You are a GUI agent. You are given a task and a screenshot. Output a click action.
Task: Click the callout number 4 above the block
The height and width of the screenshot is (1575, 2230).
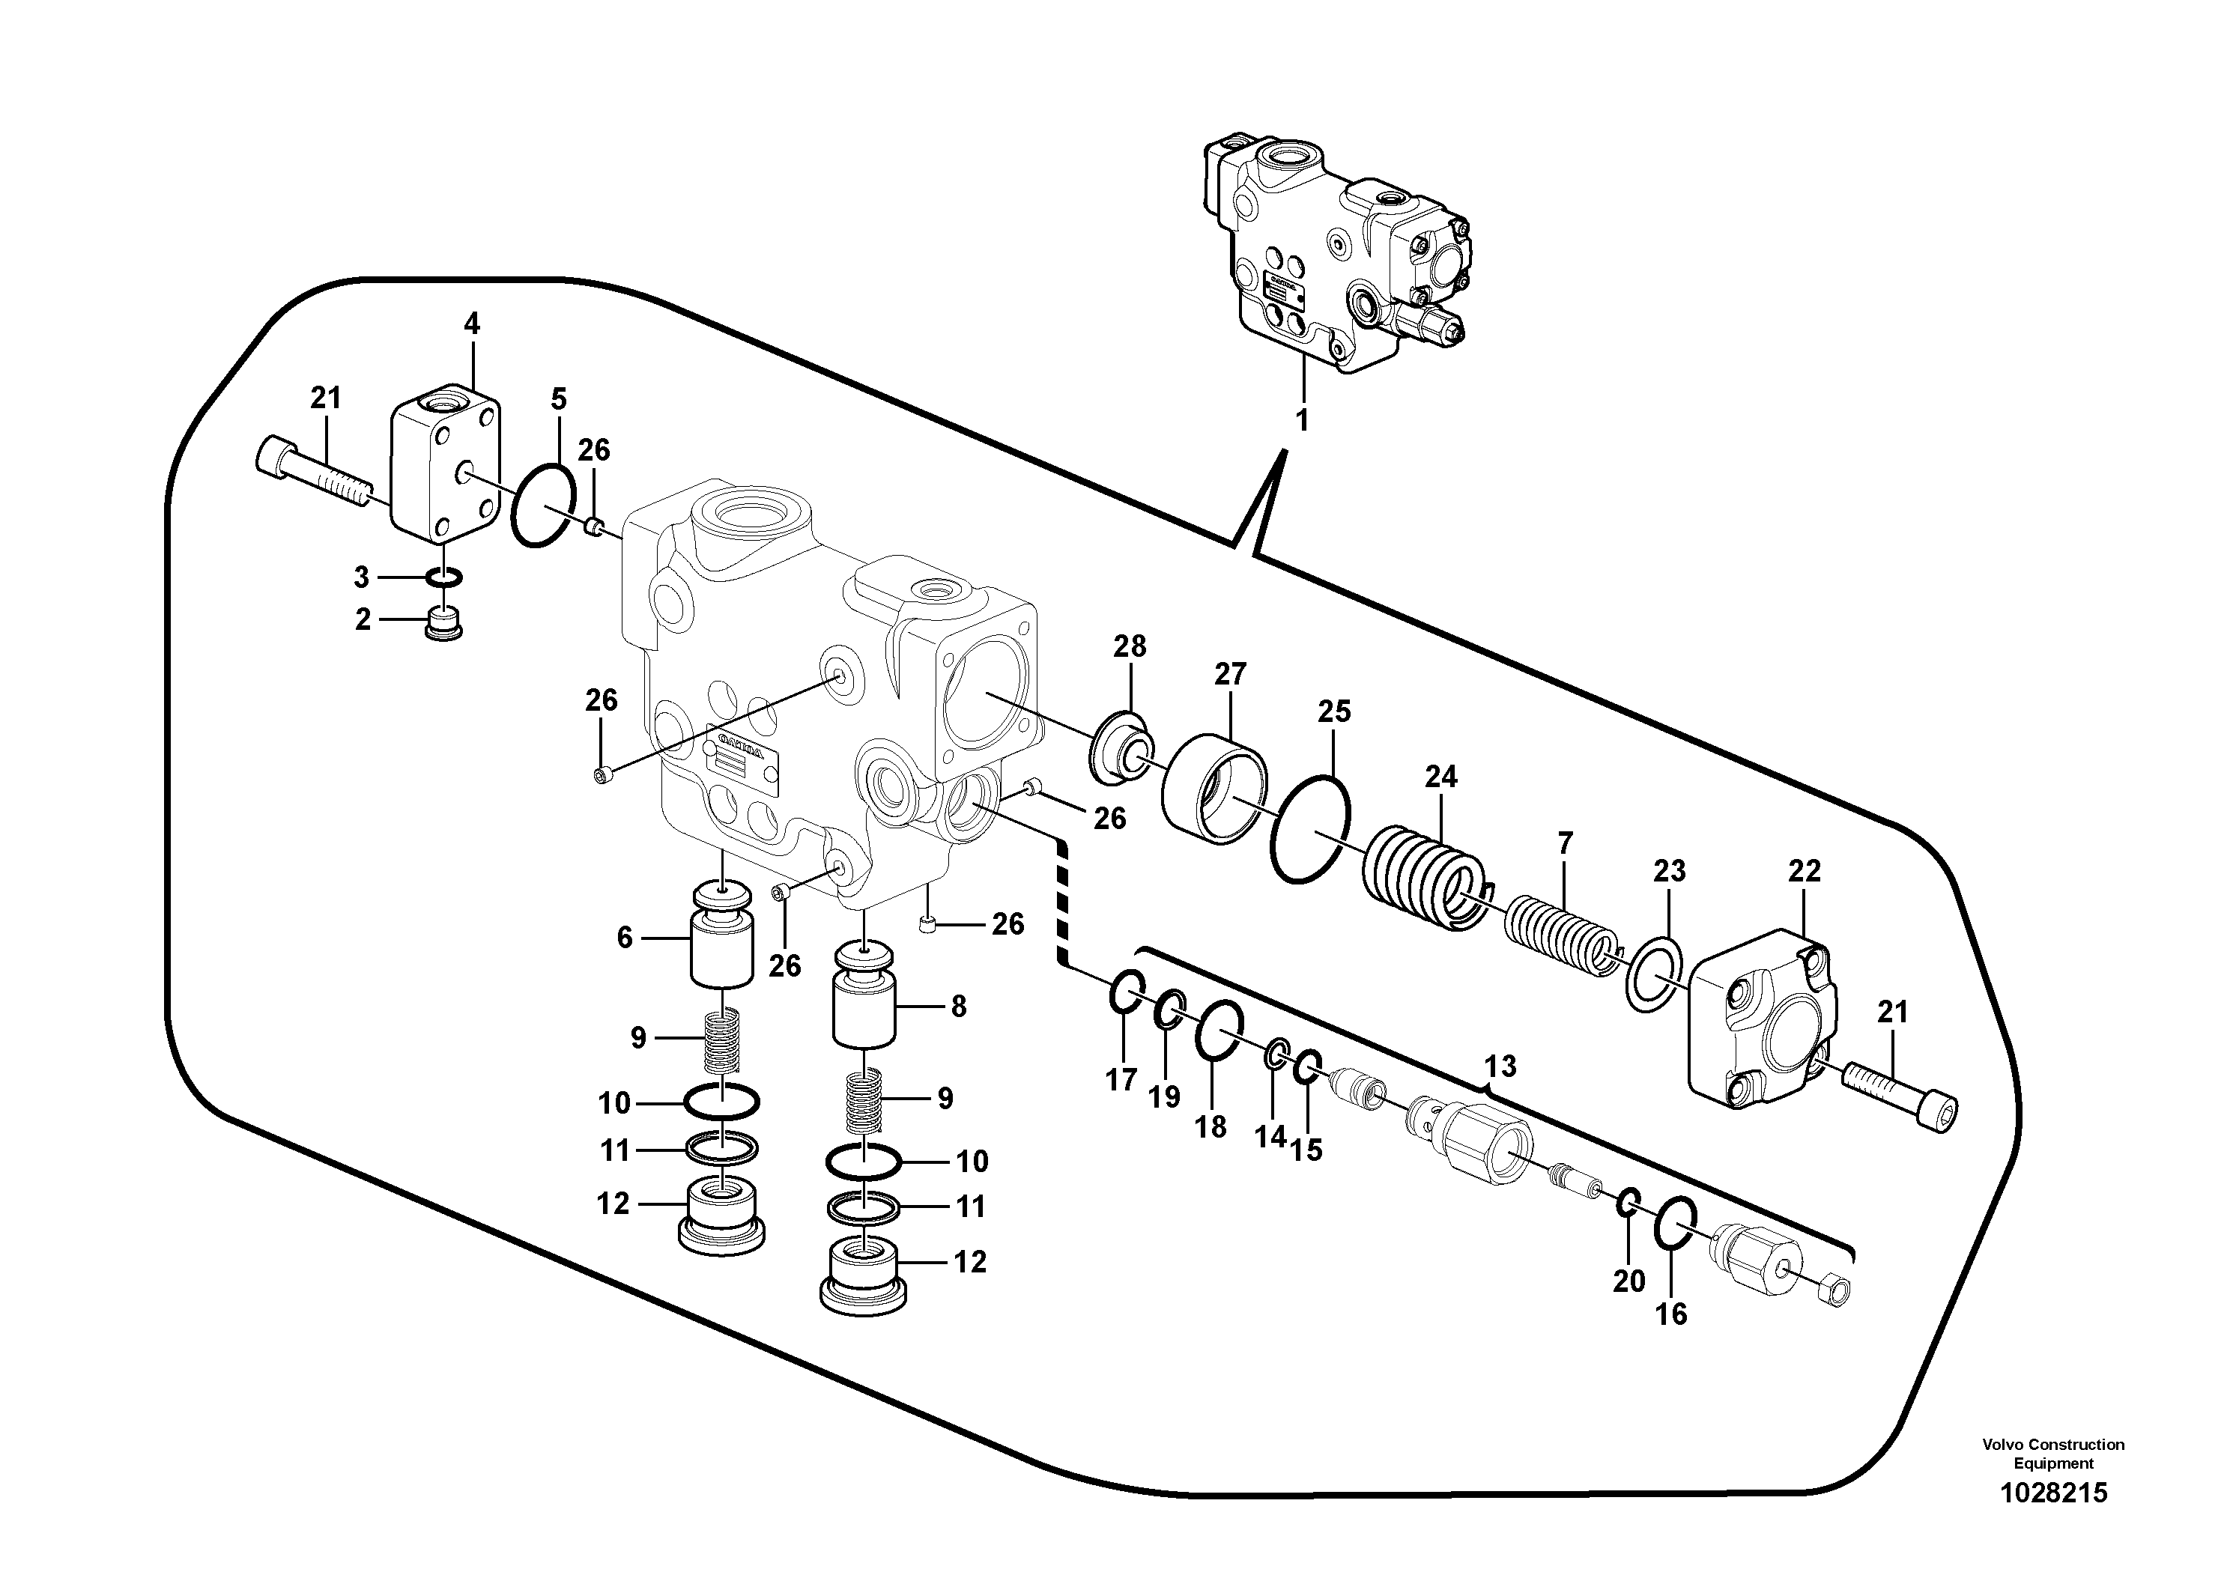(472, 324)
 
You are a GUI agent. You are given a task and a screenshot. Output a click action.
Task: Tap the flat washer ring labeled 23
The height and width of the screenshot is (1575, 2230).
(1655, 974)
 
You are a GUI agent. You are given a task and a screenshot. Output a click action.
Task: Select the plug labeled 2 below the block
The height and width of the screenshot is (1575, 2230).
(444, 622)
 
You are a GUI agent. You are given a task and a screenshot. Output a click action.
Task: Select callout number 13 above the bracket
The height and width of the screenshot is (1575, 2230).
(1500, 1066)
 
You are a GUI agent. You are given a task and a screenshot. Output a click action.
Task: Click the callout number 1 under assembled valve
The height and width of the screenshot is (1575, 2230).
(1303, 420)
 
